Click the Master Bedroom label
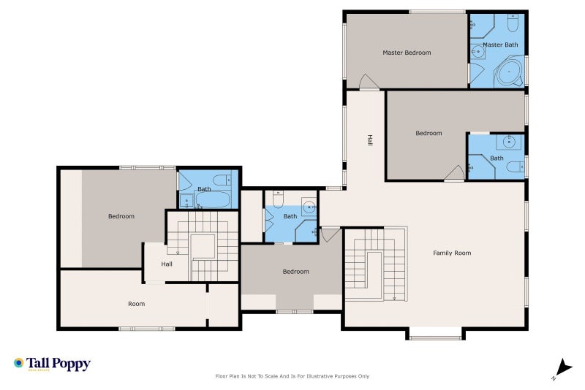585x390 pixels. pyautogui.click(x=407, y=53)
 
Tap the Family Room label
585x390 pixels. pyautogui.click(x=452, y=253)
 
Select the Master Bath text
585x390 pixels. pyautogui.click(x=500, y=45)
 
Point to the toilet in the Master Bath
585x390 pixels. pyautogui.click(x=513, y=23)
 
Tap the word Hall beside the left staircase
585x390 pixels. pyautogui.click(x=167, y=264)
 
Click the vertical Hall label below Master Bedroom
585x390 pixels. pyautogui.click(x=369, y=140)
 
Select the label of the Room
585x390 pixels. pyautogui.click(x=137, y=304)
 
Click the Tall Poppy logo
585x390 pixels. pyautogui.click(x=52, y=364)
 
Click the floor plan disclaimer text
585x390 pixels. pyautogui.click(x=292, y=376)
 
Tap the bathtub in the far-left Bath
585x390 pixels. pyautogui.click(x=213, y=199)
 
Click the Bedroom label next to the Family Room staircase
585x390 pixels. pyautogui.click(x=296, y=272)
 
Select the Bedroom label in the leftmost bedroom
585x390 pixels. pyautogui.click(x=121, y=216)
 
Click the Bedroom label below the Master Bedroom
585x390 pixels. pyautogui.click(x=429, y=133)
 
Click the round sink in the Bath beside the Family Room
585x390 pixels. pyautogui.click(x=309, y=207)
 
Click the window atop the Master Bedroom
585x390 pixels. pyautogui.click(x=437, y=12)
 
